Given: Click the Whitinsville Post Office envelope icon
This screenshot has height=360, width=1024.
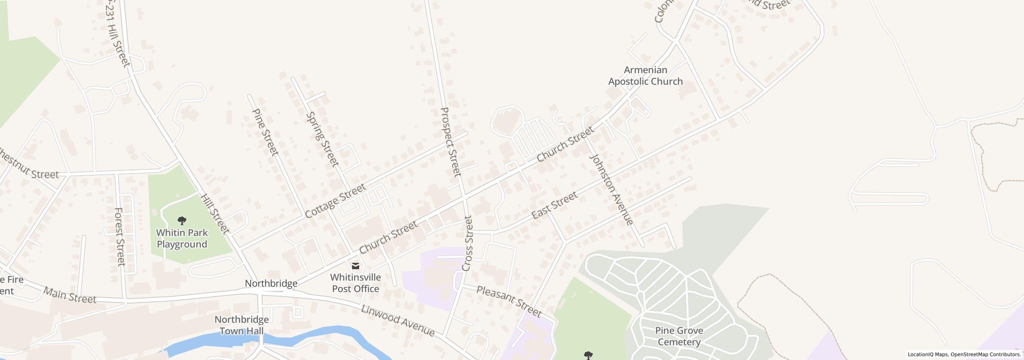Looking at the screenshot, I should point(355,266).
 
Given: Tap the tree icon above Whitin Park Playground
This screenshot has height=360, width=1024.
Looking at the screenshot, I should point(182,220).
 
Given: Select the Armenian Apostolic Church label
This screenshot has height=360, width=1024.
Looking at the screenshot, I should point(645,76).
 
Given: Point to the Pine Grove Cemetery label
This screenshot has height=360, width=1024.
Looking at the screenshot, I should point(679,336).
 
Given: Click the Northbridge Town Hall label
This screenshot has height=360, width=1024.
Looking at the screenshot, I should point(242,325).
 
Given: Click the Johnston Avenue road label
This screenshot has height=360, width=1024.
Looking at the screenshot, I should point(612,189).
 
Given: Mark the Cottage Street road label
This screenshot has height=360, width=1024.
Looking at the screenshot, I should point(335,201).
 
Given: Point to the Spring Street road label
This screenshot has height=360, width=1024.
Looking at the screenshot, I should point(322,139).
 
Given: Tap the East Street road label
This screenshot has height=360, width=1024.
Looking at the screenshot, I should point(554,205).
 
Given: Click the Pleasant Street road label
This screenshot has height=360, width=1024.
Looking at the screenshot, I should point(508,301).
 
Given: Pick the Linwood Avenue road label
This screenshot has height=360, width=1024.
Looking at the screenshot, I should point(398,320).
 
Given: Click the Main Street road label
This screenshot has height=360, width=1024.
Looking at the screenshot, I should point(70,295).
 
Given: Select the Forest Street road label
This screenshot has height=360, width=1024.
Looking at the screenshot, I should point(120,236).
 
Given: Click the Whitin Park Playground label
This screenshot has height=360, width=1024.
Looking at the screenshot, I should point(182,238).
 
